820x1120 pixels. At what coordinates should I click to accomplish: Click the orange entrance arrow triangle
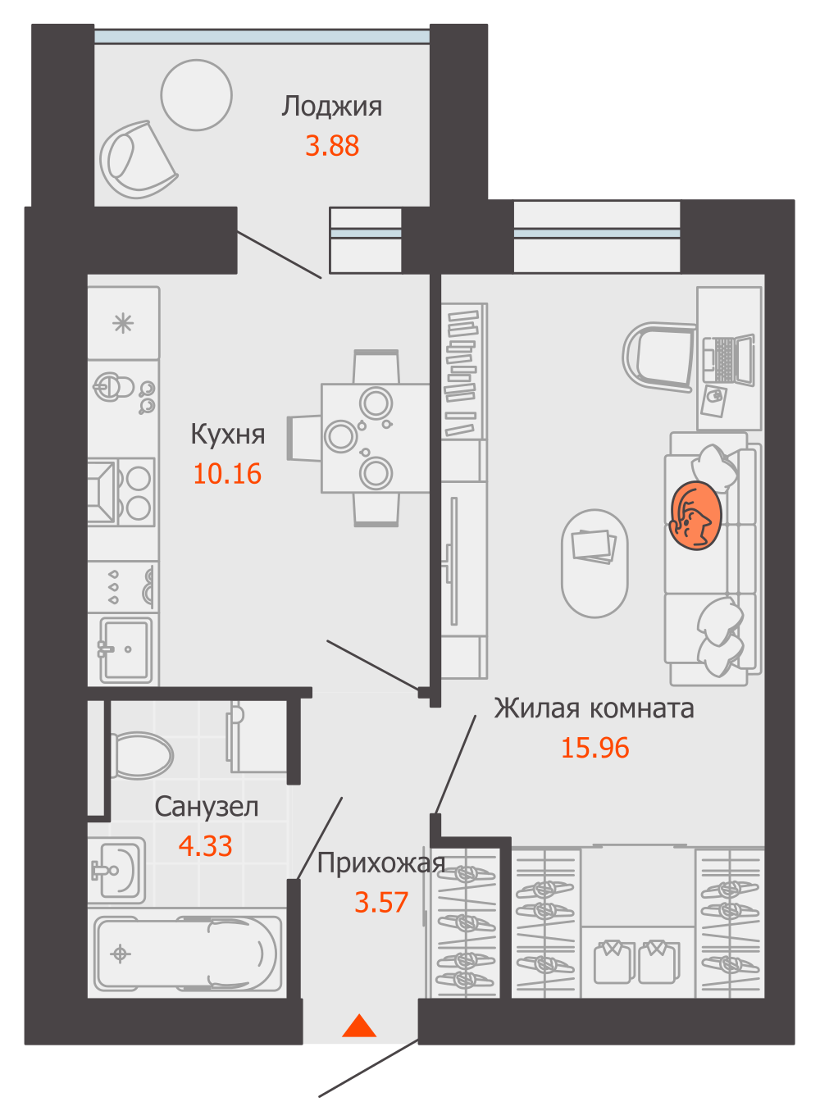[x=358, y=1027]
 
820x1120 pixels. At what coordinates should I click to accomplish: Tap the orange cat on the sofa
[x=695, y=516]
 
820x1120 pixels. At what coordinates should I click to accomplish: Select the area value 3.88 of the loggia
[x=332, y=146]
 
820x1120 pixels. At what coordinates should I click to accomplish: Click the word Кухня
[x=227, y=434]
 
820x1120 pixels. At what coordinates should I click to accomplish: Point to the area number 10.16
[x=227, y=474]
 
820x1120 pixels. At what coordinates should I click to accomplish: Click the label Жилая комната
[x=594, y=708]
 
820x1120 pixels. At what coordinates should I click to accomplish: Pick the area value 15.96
[x=594, y=748]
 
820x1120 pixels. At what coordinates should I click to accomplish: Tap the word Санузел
[x=206, y=807]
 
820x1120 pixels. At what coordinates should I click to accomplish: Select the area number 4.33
[x=205, y=846]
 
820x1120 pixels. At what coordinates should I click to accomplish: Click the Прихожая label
[x=380, y=863]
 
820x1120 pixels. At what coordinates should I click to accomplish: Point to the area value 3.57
[x=381, y=903]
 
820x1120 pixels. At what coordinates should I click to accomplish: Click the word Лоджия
[x=332, y=107]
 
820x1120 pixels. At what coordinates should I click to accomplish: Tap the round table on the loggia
[x=197, y=95]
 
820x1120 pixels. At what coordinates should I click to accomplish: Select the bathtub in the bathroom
[x=189, y=954]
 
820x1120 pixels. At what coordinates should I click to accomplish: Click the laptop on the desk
[x=728, y=360]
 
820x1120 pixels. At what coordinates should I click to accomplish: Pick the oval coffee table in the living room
[x=594, y=562]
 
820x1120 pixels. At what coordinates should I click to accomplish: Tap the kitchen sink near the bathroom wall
[x=125, y=649]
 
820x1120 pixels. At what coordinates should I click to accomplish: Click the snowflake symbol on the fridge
[x=123, y=323]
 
